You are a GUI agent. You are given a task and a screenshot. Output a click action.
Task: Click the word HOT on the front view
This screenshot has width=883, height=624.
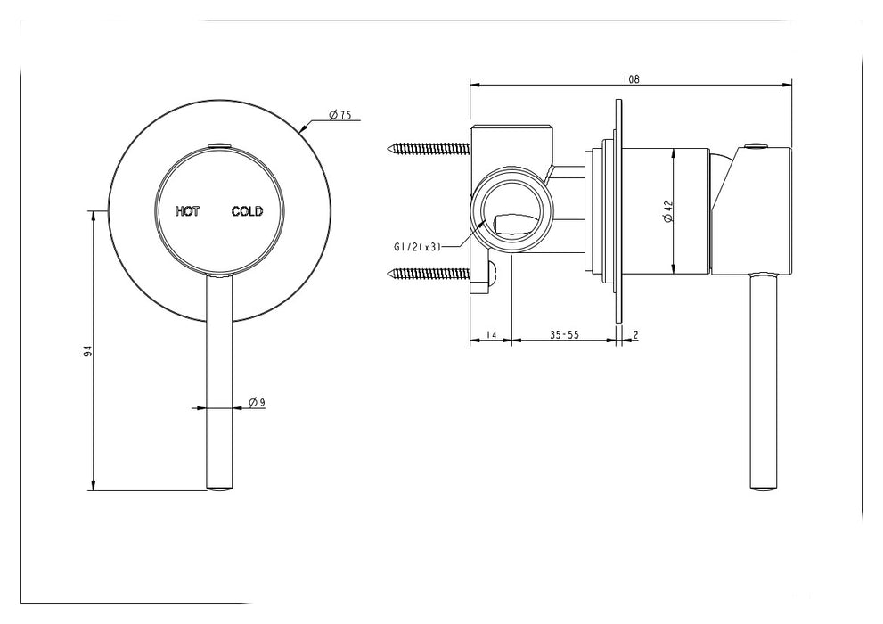click(x=188, y=211)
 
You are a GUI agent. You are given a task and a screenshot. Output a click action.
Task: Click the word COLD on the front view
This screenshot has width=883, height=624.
click(x=247, y=211)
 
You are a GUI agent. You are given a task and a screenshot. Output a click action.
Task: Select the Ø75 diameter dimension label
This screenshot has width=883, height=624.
click(x=339, y=115)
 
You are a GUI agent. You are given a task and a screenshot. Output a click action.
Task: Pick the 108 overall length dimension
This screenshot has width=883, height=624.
click(x=631, y=79)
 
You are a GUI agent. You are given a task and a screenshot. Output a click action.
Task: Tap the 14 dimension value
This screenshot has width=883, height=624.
click(x=490, y=335)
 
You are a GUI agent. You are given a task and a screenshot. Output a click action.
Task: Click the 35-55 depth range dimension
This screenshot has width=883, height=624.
click(x=565, y=335)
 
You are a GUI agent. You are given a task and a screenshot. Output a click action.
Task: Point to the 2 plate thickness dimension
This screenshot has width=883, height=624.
click(x=634, y=335)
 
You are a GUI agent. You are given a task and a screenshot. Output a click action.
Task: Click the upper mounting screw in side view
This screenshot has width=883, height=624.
click(x=426, y=147)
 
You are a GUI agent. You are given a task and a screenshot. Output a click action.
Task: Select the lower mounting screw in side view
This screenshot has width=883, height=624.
click(x=426, y=273)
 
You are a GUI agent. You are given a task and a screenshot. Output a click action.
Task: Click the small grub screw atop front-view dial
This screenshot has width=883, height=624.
click(x=217, y=144)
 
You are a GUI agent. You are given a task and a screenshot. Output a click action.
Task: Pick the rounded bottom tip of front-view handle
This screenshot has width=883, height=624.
click(x=220, y=485)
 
